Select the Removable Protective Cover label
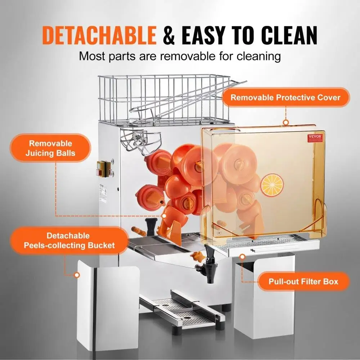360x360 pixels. (x=285, y=98)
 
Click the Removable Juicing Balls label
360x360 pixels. (x=50, y=148)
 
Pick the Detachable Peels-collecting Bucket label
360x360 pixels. (x=68, y=241)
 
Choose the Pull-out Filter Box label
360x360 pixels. (x=303, y=281)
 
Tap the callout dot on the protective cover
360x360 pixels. (x=286, y=122)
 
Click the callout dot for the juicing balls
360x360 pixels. (x=164, y=216)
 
